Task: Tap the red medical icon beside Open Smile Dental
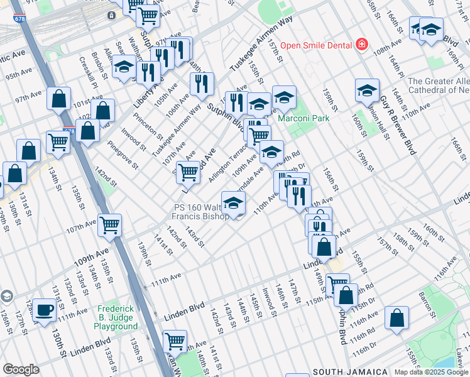click(361, 45)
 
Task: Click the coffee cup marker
click(44, 310)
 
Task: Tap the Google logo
click(21, 369)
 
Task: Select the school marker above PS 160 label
click(233, 203)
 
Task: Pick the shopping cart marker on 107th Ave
click(110, 224)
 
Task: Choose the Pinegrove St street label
click(123, 155)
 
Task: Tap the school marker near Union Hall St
click(367, 90)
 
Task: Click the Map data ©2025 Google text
click(430, 372)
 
